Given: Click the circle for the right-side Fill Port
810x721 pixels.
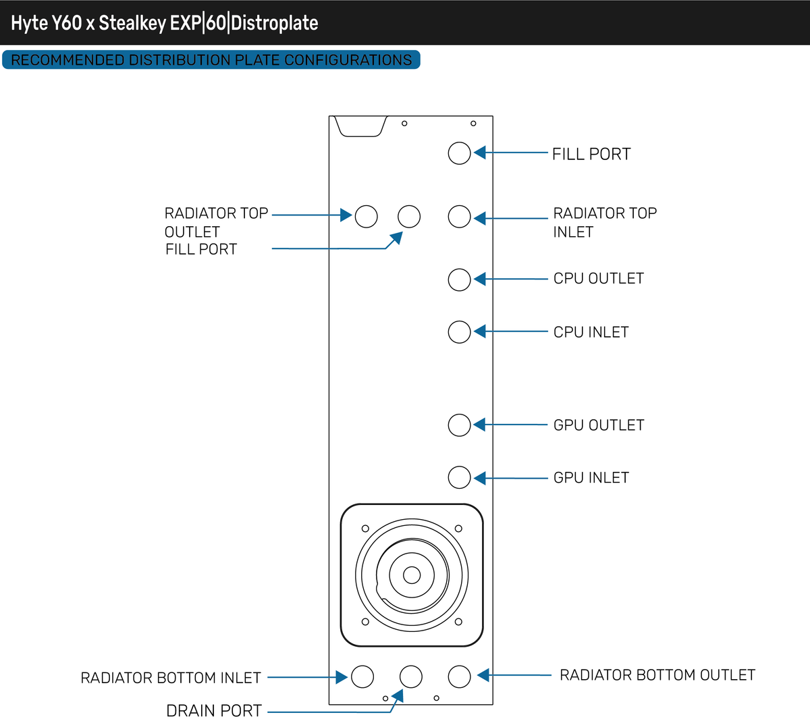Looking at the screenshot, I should click(x=459, y=153).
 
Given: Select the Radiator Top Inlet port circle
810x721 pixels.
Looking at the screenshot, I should click(x=459, y=217).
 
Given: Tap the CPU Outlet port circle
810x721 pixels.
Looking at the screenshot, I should click(x=459, y=279).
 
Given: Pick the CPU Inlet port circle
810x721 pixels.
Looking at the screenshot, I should click(x=459, y=332).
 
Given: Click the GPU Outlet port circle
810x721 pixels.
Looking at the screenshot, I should click(x=459, y=425).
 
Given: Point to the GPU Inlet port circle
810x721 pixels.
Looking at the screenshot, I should click(x=459, y=477).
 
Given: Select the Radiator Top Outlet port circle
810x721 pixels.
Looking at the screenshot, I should click(x=366, y=216).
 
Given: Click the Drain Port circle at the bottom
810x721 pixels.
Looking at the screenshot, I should click(x=410, y=676).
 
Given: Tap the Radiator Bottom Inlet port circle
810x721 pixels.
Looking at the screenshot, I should click(x=362, y=676).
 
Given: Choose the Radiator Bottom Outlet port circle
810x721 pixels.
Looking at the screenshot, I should click(x=459, y=676).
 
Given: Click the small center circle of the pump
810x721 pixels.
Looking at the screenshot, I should click(x=412, y=575).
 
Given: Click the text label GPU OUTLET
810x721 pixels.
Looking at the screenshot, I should click(x=598, y=425).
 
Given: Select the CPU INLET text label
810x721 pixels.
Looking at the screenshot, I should click(x=591, y=332).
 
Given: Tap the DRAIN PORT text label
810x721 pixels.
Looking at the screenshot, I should click(x=214, y=711).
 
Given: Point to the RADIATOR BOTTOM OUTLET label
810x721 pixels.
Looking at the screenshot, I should click(x=657, y=675).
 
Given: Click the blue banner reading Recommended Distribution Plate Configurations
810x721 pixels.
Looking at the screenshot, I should click(x=211, y=60).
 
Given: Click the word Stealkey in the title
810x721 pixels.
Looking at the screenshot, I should click(x=132, y=23).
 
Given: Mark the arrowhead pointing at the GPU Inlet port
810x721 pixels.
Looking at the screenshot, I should click(x=480, y=478).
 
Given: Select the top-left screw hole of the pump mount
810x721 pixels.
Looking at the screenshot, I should click(x=366, y=529).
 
